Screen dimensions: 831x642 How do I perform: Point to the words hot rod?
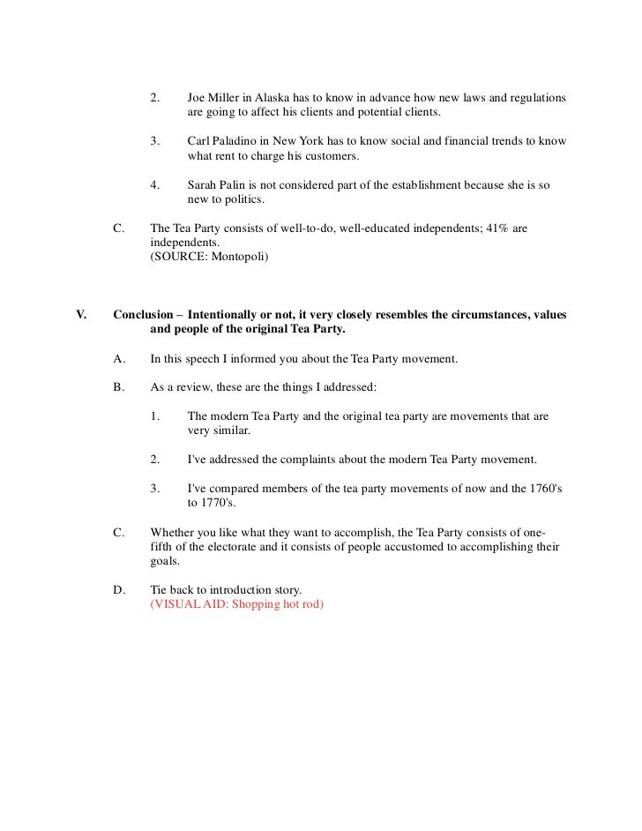[x=303, y=606]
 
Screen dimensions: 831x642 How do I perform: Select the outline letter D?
[x=119, y=590]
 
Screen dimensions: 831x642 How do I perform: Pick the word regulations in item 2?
[x=534, y=95]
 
